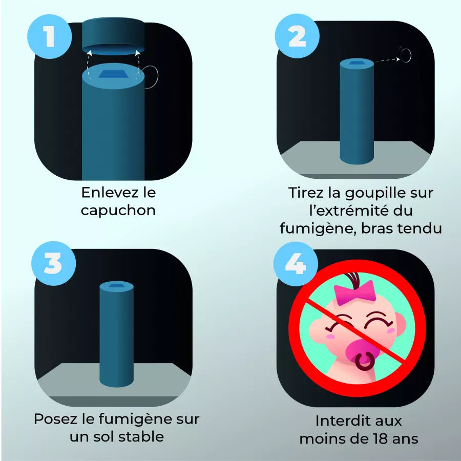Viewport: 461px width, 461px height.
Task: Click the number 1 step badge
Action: coord(50,37)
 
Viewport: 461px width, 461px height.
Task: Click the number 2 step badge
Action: coord(297,37)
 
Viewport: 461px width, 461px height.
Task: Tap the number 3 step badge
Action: coord(53,263)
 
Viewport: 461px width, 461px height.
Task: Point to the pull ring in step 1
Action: coord(152,76)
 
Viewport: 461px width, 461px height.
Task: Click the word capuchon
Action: coord(118,211)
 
